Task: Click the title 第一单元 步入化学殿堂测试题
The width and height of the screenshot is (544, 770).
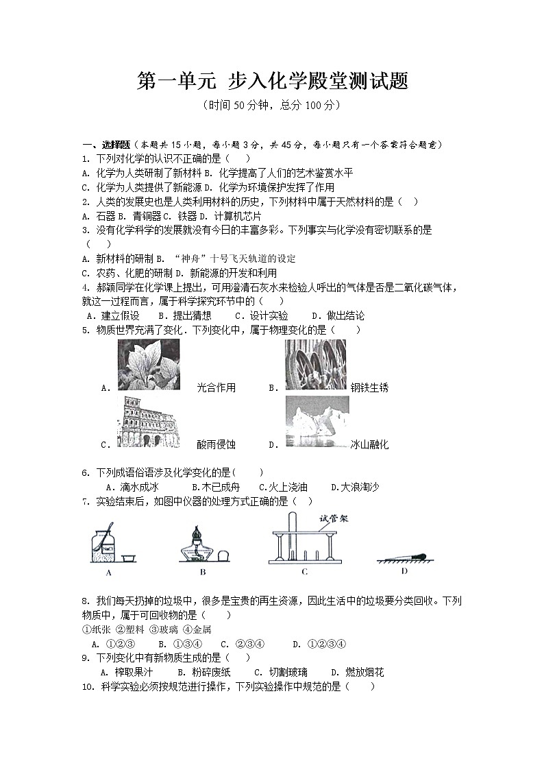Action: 272,82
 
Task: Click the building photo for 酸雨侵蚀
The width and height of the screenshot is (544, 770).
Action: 149,422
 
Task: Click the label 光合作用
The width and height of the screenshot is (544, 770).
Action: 216,388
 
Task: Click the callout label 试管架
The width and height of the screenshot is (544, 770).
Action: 334,518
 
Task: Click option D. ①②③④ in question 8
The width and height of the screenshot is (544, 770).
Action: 319,644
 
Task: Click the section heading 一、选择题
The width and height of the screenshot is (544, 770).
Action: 106,145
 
